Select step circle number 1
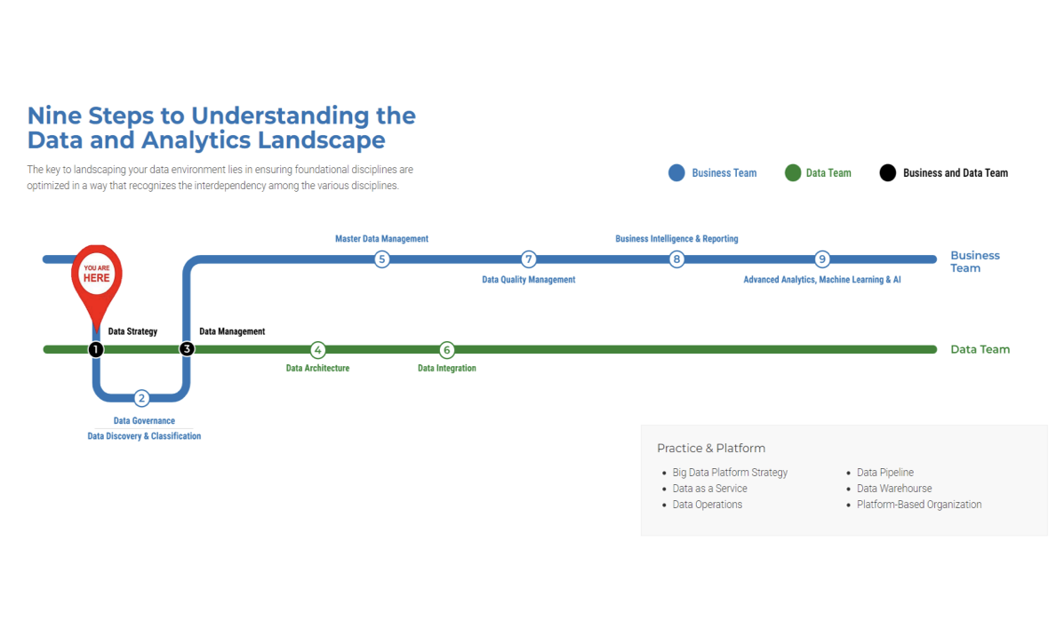tap(96, 349)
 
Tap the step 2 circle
tap(141, 398)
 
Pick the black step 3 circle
tap(187, 349)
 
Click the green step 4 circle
tap(317, 349)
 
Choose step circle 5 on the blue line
tap(381, 259)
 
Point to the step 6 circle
tap(447, 349)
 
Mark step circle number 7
tap(529, 259)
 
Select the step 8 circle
tap(676, 259)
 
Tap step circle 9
tap(822, 259)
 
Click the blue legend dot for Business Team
tap(676, 173)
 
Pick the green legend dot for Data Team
tap(793, 173)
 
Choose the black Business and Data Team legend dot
tap(888, 173)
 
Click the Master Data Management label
tap(381, 239)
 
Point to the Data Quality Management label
tap(529, 280)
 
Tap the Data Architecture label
tap(317, 369)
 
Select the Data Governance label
tap(144, 420)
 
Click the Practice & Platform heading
tap(711, 449)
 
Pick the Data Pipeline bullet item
tap(884, 473)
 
